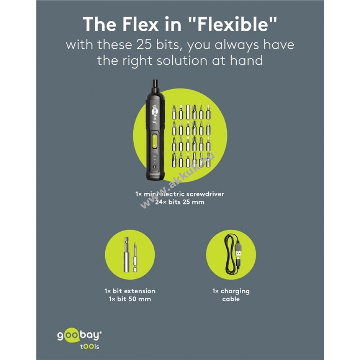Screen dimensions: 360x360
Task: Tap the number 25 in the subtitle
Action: (144, 44)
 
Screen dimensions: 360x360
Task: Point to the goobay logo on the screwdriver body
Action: (155, 114)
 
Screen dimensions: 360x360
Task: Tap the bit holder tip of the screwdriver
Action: (155, 84)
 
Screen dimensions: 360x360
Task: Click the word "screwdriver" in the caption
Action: (205, 194)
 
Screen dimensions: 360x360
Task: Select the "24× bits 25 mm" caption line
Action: (180, 202)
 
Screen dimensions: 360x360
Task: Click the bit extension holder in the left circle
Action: (126, 255)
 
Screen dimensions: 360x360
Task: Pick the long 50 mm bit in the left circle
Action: (135, 257)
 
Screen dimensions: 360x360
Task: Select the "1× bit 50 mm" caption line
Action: (130, 299)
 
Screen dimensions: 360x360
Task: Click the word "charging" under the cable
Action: (235, 291)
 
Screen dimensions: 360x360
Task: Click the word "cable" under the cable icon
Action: (231, 299)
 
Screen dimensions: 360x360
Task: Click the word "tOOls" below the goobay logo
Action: (90, 346)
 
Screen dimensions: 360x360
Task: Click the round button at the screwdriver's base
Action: (154, 167)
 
